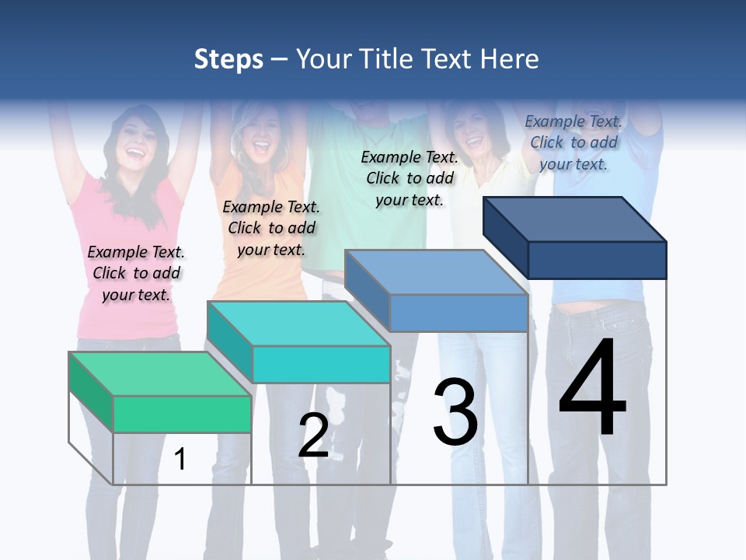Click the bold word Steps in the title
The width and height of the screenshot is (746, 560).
[228, 59]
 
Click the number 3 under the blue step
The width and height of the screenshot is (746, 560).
[455, 412]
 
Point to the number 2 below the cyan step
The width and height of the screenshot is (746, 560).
[313, 436]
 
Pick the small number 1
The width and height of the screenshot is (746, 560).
[180, 459]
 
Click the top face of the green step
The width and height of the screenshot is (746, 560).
[159, 373]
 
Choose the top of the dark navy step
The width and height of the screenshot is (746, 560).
[575, 219]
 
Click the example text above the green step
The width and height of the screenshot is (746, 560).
[136, 273]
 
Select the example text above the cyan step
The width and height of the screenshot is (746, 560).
[271, 228]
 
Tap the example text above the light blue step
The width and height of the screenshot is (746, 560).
[410, 178]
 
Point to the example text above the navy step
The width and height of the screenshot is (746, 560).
[573, 142]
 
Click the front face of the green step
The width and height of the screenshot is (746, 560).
[182, 414]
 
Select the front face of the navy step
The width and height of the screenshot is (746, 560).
[597, 260]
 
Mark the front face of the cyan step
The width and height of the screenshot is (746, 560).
[321, 364]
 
